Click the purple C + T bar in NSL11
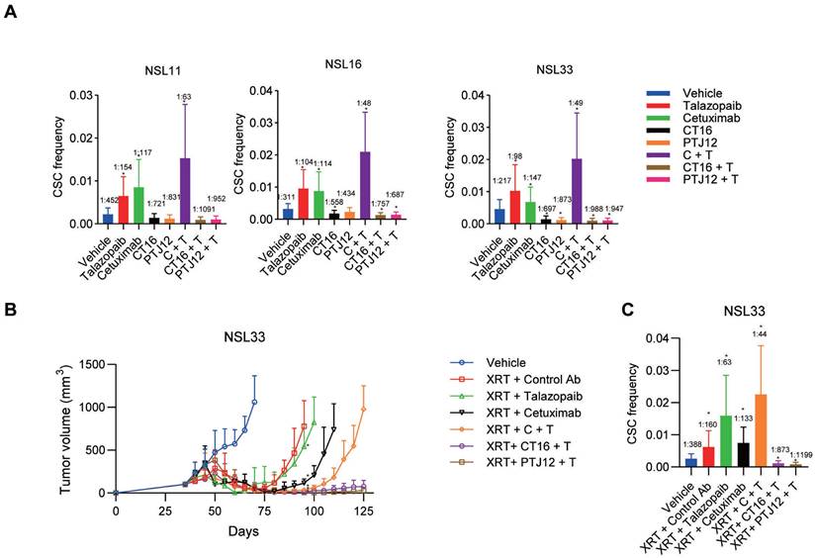click(x=185, y=192)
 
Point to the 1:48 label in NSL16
click(x=365, y=103)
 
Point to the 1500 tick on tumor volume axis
click(x=92, y=364)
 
